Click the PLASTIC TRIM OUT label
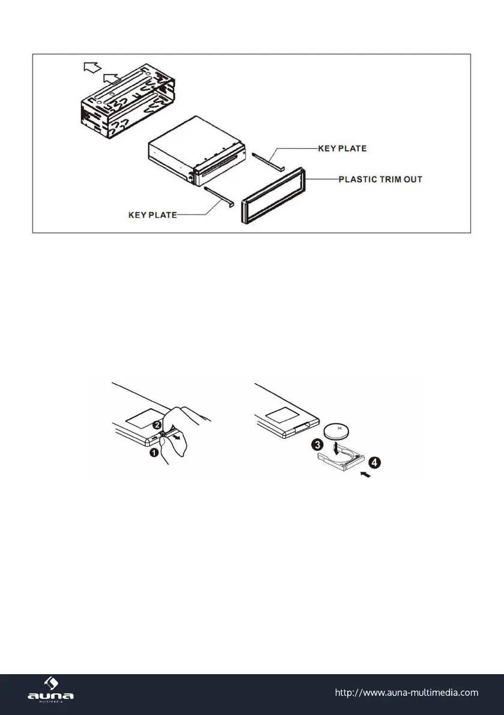pos(381,179)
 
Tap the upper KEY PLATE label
pos(342,148)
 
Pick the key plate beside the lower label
pos(219,197)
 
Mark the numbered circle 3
pos(315,447)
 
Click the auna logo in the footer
pos(51,692)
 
